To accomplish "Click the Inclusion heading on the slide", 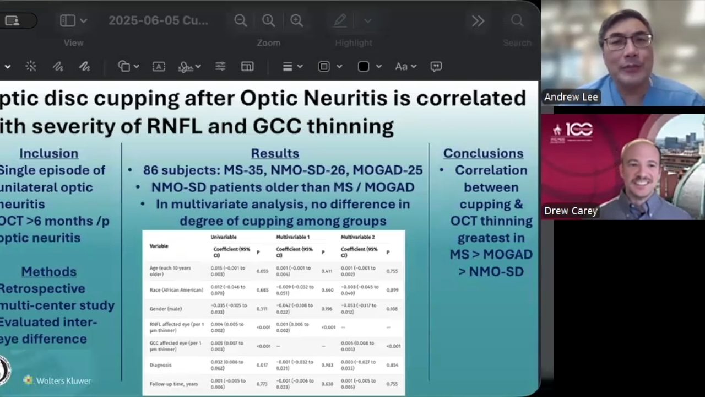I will [x=48, y=153].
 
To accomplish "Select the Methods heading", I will [x=48, y=271].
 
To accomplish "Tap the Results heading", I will [x=275, y=153].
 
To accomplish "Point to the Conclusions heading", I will [x=483, y=153].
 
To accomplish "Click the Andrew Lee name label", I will [x=571, y=97].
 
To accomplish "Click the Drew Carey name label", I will [x=571, y=211].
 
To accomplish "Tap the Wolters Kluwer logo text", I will [x=63, y=380].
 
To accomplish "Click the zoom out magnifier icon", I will [x=240, y=21].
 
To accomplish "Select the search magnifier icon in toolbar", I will [x=517, y=21].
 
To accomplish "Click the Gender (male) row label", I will [x=166, y=309].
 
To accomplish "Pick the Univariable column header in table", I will [x=224, y=237].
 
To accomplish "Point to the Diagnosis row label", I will [x=161, y=365].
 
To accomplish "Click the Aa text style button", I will [x=401, y=67].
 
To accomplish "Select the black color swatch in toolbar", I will [x=364, y=67].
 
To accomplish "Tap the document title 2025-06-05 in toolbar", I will [x=158, y=21].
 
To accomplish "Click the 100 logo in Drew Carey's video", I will [x=578, y=130].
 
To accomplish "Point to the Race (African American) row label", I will [x=176, y=290].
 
